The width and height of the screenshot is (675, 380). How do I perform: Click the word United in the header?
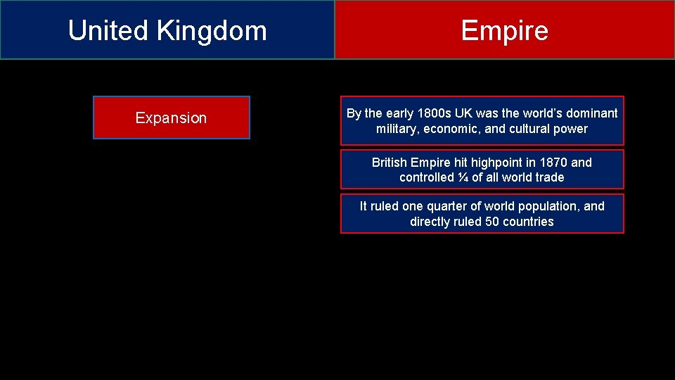(108, 31)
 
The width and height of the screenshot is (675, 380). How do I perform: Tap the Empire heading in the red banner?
(504, 31)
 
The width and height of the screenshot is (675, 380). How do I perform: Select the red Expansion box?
(171, 118)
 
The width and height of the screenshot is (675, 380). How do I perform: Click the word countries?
(528, 222)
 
